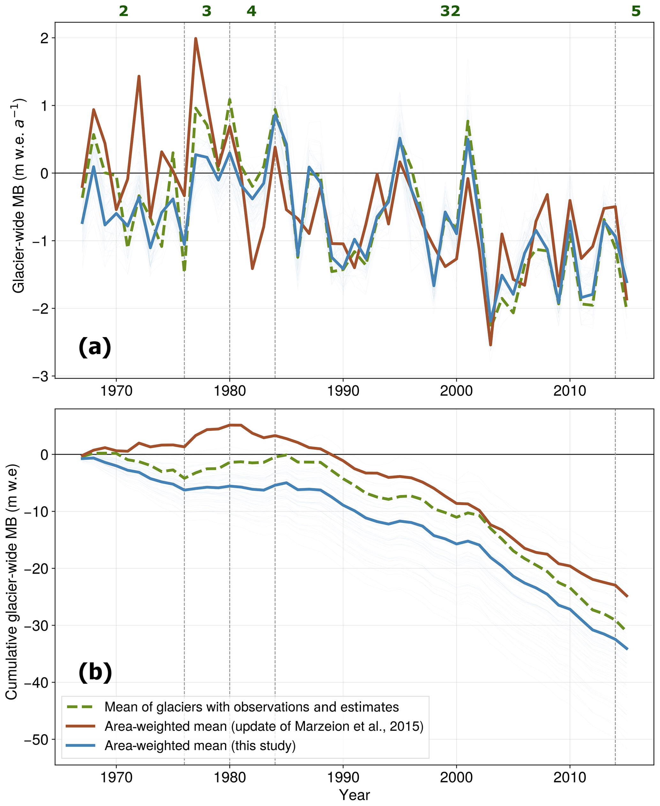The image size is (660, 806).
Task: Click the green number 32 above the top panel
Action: click(450, 11)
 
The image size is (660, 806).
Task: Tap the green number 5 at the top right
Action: click(636, 11)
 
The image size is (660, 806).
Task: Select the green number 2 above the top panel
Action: click(124, 11)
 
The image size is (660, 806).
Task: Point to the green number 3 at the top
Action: click(207, 11)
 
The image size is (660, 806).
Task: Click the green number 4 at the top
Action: click(251, 11)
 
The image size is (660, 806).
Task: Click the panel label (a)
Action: click(95, 347)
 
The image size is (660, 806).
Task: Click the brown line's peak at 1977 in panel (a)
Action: click(195, 38)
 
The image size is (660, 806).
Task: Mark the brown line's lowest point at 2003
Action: click(490, 345)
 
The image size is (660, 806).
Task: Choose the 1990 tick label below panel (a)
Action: click(343, 390)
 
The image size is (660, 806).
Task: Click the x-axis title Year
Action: click(354, 795)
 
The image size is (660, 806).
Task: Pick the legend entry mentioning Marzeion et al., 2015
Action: click(264, 726)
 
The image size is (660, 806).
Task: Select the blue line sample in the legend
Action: click(80, 746)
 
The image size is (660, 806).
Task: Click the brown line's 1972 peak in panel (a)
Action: click(139, 76)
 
